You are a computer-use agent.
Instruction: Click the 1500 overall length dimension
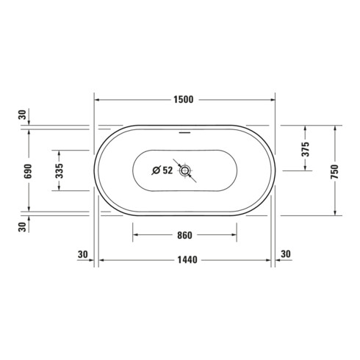[184, 100]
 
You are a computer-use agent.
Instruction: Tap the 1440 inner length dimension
[187, 260]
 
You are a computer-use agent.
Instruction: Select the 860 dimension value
[184, 235]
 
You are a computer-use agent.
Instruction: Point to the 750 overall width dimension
[334, 172]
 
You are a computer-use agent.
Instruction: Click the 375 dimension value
[306, 149]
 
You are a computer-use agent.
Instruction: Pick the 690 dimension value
[28, 171]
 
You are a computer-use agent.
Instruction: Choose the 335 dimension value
[60, 170]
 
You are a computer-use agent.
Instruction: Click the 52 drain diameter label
[168, 170]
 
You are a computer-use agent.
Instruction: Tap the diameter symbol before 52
[156, 170]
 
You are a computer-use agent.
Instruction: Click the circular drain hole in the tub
[185, 170]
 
